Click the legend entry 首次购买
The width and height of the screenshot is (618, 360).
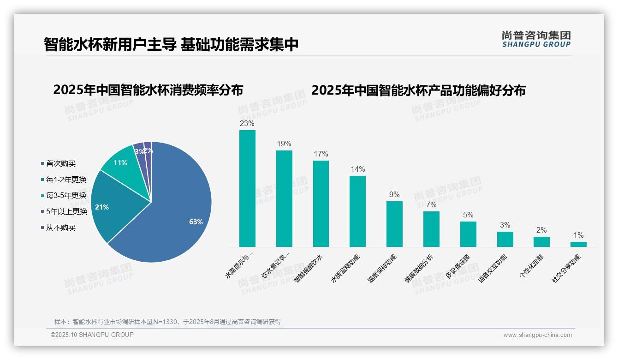(60, 163)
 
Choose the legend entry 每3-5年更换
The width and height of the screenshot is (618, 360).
(66, 196)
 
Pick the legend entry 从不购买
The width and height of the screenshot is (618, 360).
(60, 228)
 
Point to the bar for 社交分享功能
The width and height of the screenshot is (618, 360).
(578, 244)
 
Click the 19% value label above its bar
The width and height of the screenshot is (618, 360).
(284, 144)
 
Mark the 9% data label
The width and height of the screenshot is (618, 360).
(394, 195)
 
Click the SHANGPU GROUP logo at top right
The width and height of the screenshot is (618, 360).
(536, 39)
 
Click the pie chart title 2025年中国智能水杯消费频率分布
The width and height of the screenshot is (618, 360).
(148, 90)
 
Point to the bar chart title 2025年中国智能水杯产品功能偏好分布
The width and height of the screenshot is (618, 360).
(418, 90)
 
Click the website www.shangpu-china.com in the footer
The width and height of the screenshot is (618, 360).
(537, 335)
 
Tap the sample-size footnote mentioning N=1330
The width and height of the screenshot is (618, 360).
(167, 322)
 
